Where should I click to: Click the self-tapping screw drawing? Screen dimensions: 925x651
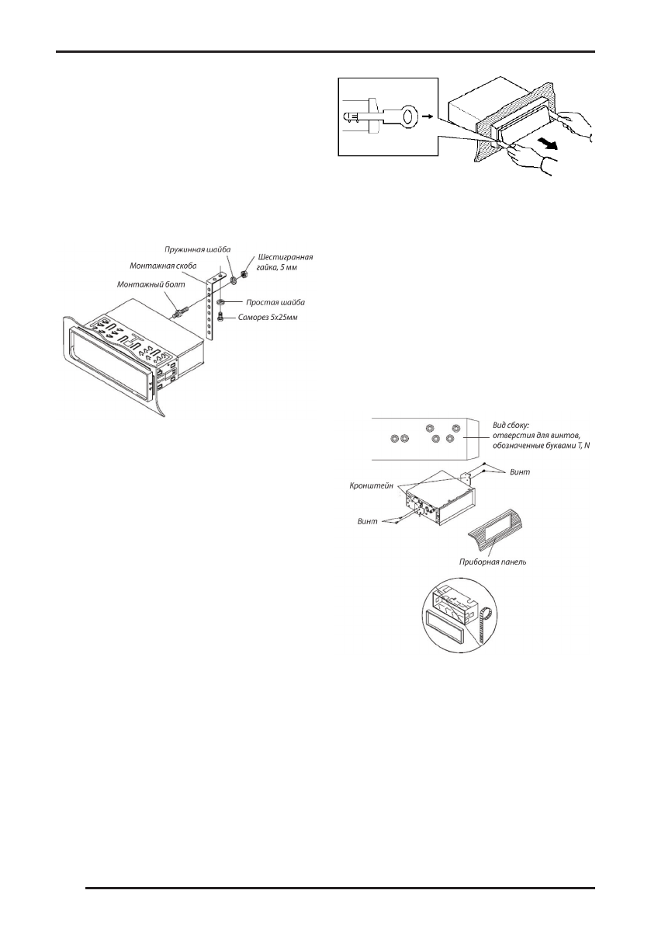(220, 316)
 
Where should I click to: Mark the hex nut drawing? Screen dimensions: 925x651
(243, 274)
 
